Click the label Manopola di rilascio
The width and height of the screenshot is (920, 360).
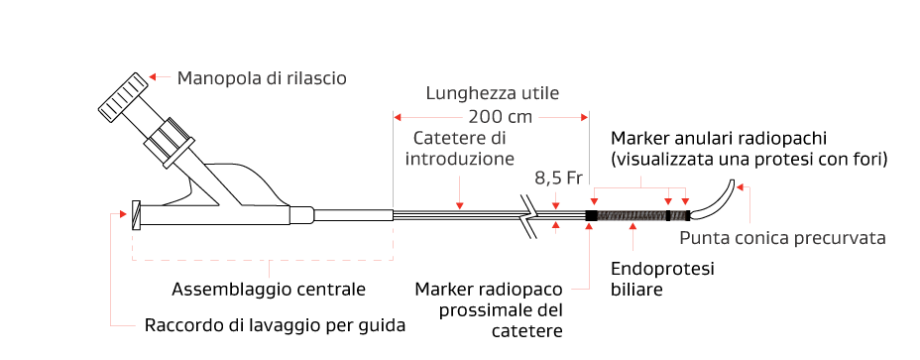pyautogui.click(x=262, y=77)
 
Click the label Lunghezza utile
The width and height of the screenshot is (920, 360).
pyautogui.click(x=493, y=94)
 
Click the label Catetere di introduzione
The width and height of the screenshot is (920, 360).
pyautogui.click(x=460, y=148)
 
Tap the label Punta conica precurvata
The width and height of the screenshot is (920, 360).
pyautogui.click(x=782, y=238)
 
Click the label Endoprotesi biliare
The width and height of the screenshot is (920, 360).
pyautogui.click(x=650, y=279)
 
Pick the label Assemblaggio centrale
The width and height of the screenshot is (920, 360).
pyautogui.click(x=269, y=290)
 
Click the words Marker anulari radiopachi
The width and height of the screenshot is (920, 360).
pyautogui.click(x=719, y=136)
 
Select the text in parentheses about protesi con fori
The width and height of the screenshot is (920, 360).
pyautogui.click(x=748, y=158)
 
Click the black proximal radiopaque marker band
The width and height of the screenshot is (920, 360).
pyautogui.click(x=592, y=215)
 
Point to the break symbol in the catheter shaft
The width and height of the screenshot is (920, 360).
pyautogui.click(x=533, y=214)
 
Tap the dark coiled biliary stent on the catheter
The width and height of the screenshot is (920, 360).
pyautogui.click(x=632, y=215)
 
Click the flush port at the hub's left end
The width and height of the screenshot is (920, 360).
pyautogui.click(x=136, y=214)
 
